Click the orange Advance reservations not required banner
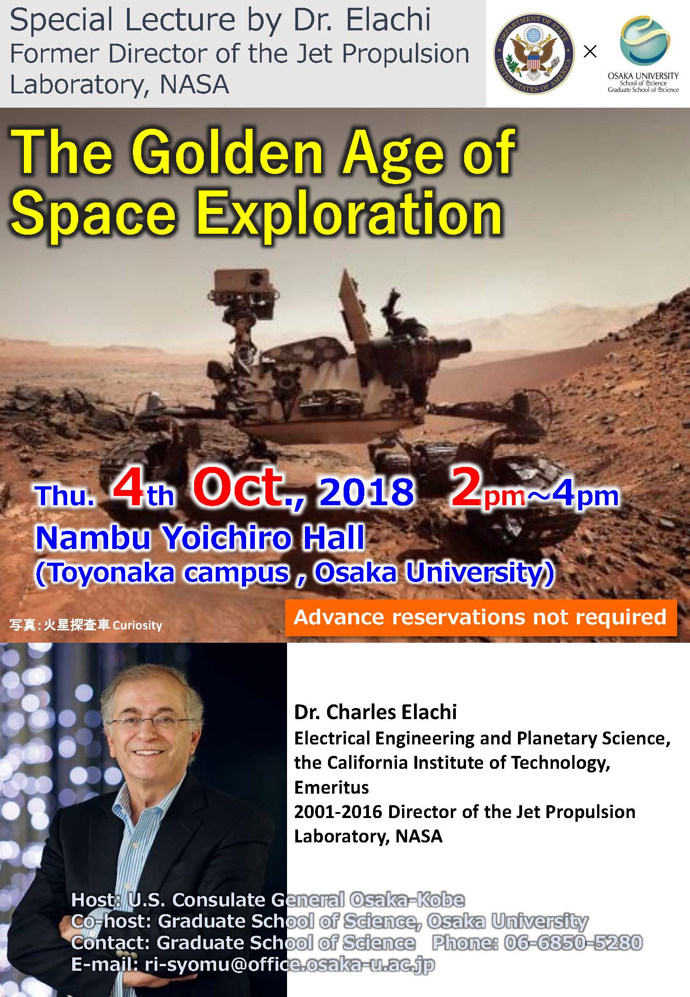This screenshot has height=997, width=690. (x=481, y=618)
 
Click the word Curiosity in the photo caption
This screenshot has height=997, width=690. (x=137, y=625)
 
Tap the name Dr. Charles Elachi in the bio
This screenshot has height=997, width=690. (x=375, y=712)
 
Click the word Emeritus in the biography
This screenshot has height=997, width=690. (x=331, y=787)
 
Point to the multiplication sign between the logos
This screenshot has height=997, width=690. (x=590, y=52)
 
